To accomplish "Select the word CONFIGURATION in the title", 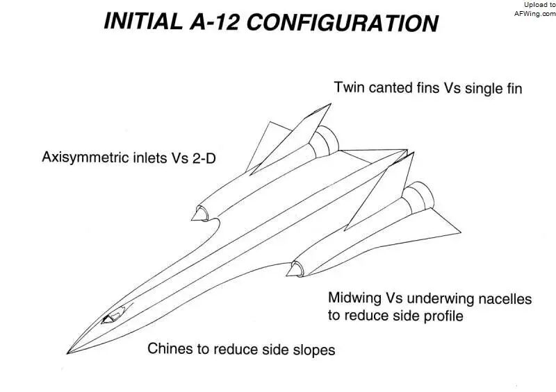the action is pos(342,23).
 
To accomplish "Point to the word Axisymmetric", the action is pos(86,157).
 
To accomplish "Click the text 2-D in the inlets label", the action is pos(204,158).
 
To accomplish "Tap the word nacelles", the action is pos(505,299).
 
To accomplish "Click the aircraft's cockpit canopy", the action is pos(113,315).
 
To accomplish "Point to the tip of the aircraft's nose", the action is pos(67,353).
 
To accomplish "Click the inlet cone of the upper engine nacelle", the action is pos(199,214).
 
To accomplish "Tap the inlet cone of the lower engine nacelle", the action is pos(295,269).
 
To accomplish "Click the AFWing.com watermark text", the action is pos(535,14).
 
